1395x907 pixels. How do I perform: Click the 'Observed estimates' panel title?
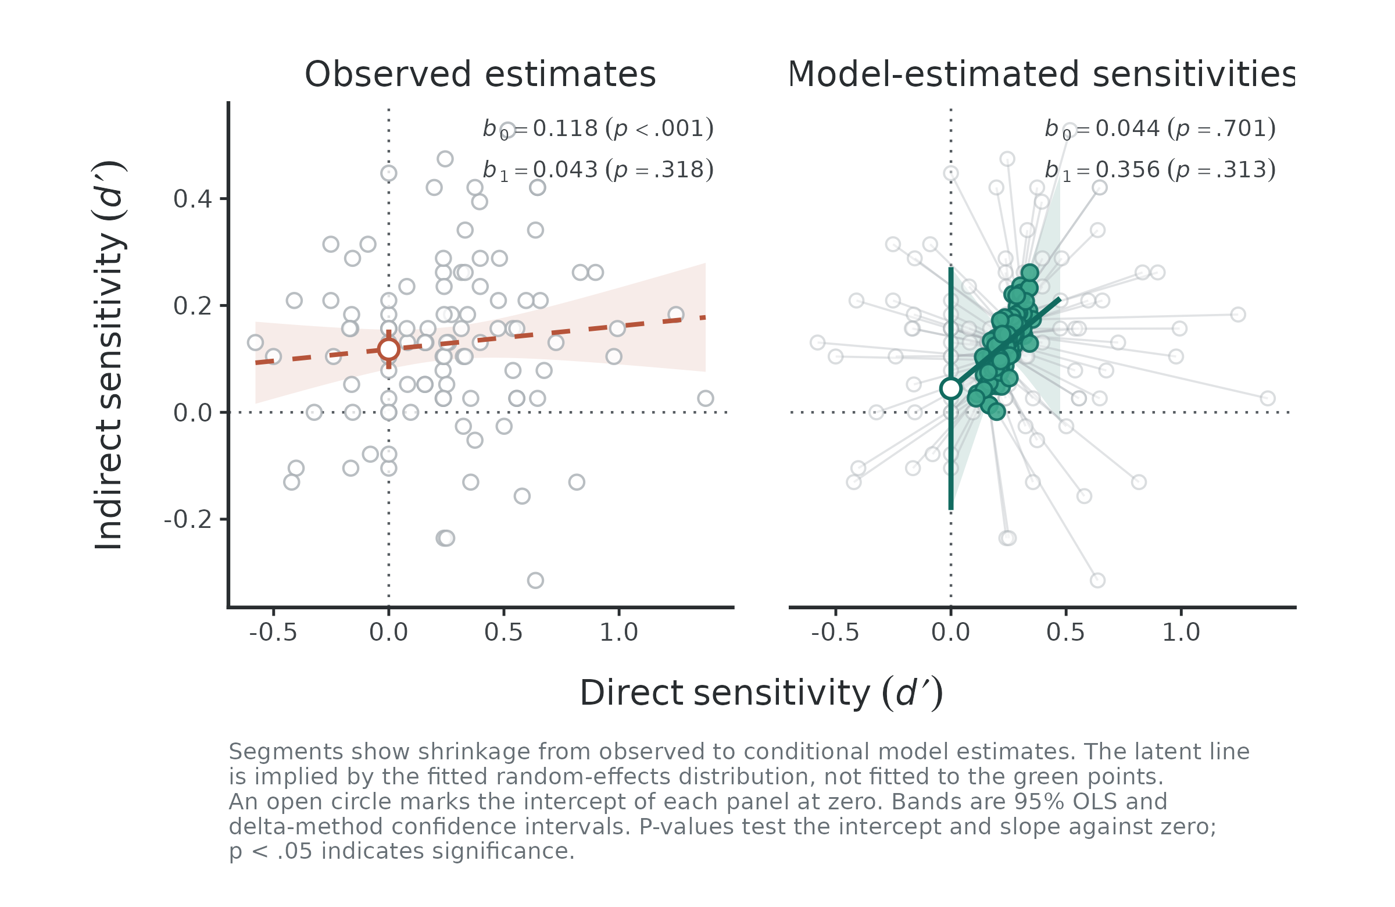(x=480, y=74)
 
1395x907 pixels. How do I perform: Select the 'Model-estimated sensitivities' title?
(x=1040, y=74)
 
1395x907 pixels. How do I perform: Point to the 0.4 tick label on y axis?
(x=193, y=199)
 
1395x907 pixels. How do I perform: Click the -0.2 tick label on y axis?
(x=188, y=519)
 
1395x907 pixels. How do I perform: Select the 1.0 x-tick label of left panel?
(x=618, y=632)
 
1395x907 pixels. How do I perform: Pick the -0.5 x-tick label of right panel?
(x=835, y=632)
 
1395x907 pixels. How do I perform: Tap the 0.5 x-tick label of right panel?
(x=1065, y=632)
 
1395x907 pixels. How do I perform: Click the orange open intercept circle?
(x=389, y=349)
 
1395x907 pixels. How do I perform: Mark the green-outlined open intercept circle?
(x=951, y=389)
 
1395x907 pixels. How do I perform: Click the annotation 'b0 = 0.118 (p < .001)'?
(x=598, y=129)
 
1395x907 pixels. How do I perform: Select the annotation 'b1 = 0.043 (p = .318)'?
(x=598, y=170)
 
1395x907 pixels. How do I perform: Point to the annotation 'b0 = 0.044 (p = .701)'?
(x=1160, y=129)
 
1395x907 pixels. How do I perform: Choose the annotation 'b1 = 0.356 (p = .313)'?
(x=1160, y=170)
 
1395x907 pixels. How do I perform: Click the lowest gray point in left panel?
(x=535, y=580)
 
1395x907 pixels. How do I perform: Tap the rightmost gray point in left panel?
(x=706, y=399)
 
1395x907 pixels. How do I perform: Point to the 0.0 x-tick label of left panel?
(x=389, y=632)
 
